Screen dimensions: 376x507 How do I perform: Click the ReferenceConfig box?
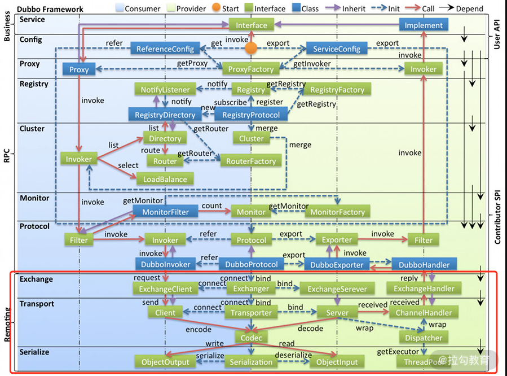[166, 49]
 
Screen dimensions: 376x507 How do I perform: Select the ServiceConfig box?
[337, 49]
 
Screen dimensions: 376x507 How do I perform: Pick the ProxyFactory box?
[251, 69]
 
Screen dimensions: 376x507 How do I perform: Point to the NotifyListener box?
[165, 89]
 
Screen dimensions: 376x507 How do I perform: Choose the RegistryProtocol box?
[251, 115]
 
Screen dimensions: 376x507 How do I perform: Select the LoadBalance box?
[165, 179]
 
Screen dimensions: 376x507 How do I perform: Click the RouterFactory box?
[251, 161]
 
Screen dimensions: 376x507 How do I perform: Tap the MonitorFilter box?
[165, 212]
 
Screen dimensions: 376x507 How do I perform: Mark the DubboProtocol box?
[251, 264]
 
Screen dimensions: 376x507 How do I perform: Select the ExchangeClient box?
[165, 288]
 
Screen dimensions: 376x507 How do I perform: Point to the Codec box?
[251, 338]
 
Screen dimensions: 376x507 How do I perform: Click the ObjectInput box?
[337, 362]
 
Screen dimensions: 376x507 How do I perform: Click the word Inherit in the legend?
[354, 8]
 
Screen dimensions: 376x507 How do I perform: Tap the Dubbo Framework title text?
[50, 9]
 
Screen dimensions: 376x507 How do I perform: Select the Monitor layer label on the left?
[34, 198]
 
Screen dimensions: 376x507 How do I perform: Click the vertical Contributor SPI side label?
[497, 217]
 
